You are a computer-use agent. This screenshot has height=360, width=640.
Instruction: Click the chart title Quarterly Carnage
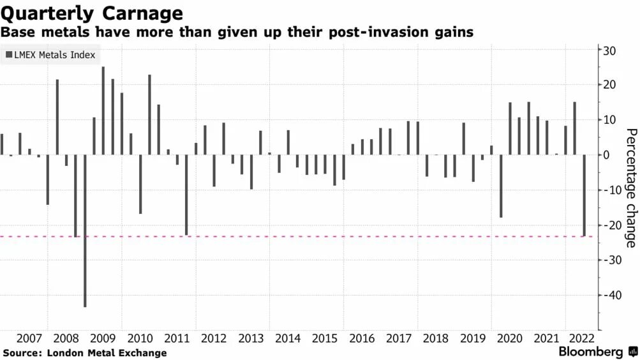[x=93, y=13]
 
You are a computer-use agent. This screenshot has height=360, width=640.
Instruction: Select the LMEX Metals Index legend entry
[x=50, y=55]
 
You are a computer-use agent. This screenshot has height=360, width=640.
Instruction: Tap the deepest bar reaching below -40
[x=85, y=230]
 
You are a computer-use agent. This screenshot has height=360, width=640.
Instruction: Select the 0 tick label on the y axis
[x=609, y=155]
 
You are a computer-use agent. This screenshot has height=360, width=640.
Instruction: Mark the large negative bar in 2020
[x=501, y=186]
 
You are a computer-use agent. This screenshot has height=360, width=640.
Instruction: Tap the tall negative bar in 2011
[x=186, y=195]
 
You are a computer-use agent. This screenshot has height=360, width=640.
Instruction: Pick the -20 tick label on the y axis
[x=611, y=225]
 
